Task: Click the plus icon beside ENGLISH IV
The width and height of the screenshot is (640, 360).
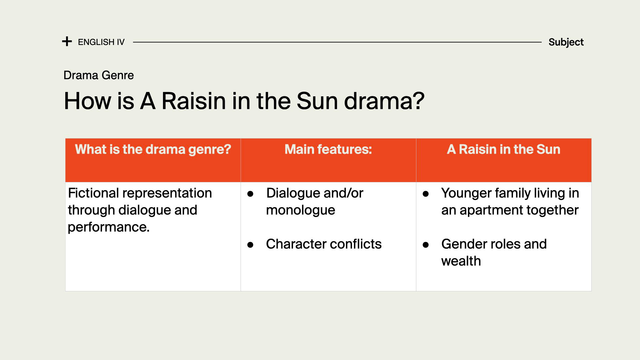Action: click(67, 41)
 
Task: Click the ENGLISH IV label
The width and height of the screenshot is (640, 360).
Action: click(101, 42)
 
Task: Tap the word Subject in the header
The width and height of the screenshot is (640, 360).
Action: click(566, 42)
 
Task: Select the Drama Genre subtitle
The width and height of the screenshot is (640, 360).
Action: click(99, 75)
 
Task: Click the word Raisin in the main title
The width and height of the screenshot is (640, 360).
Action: click(194, 101)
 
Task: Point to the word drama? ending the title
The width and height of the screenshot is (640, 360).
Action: click(384, 101)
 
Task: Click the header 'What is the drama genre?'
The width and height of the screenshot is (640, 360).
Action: click(153, 149)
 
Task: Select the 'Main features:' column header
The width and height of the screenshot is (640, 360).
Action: click(328, 149)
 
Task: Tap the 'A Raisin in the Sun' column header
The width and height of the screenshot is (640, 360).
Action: click(504, 149)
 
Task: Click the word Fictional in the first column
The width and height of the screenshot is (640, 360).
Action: click(93, 193)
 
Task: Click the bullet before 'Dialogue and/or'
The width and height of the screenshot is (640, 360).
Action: click(250, 194)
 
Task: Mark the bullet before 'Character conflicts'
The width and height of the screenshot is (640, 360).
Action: click(250, 245)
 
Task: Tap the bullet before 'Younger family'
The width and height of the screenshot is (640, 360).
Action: click(426, 194)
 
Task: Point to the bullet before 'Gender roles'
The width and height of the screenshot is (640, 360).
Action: click(426, 245)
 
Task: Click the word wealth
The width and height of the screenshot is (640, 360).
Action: click(461, 261)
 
